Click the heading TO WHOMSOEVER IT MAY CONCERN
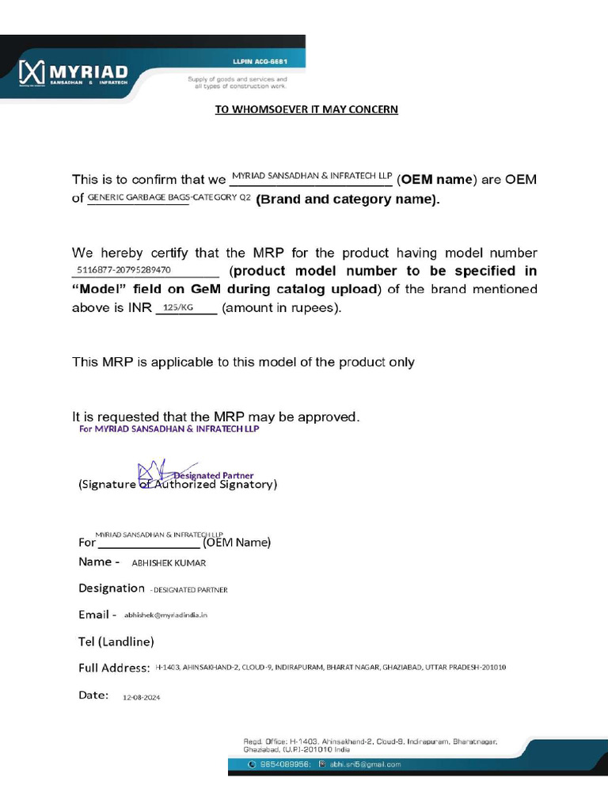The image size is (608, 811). pos(306,109)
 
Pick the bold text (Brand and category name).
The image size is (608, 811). pos(347,200)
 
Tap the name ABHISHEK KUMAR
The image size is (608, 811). pos(168,563)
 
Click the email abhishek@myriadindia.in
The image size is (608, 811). pos(165,615)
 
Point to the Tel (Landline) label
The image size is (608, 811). pos(116,641)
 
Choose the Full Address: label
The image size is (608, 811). pos(114,668)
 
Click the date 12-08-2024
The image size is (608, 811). pos(141,698)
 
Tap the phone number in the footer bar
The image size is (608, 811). pos(283,764)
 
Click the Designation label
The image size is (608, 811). pos(111,588)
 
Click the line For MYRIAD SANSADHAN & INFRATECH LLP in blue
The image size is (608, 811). pos(168,429)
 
